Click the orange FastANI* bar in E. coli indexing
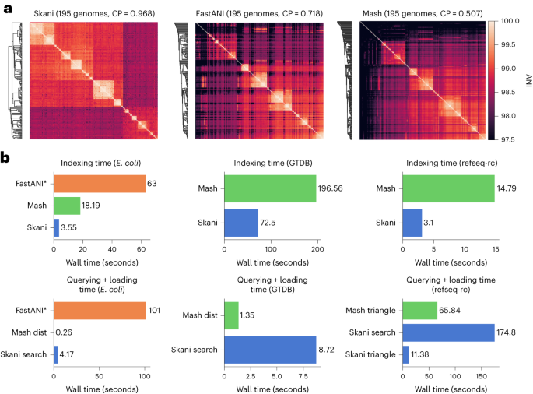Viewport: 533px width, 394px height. pos(100,184)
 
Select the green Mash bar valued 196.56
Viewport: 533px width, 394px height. pos(269,188)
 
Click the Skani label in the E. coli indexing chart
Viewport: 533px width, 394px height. pos(38,228)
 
